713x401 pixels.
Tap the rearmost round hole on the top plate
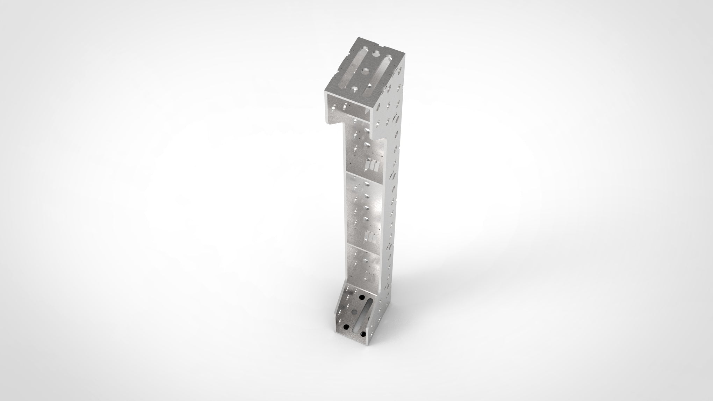(x=377, y=53)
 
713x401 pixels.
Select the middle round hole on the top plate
(x=366, y=72)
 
